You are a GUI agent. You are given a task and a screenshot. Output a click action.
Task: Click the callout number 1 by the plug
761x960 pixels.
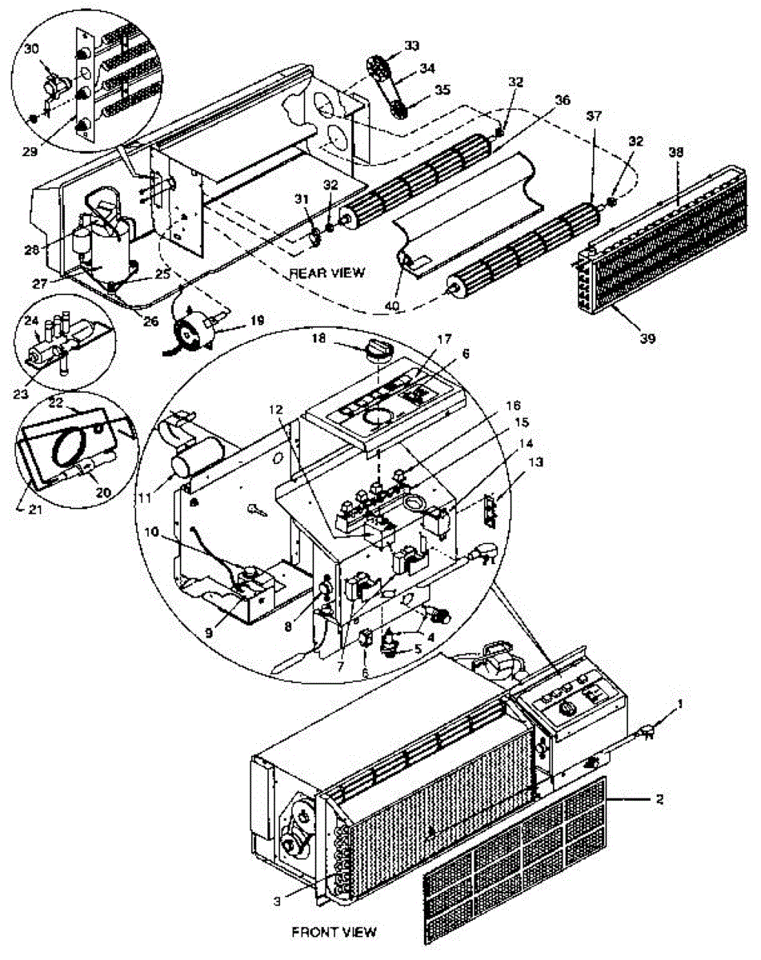tap(680, 704)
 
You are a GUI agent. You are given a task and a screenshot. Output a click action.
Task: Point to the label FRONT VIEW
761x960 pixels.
tap(334, 931)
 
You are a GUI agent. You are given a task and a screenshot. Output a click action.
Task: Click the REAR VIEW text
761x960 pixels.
tap(326, 273)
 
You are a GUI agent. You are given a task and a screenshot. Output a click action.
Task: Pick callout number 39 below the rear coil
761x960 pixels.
tap(647, 338)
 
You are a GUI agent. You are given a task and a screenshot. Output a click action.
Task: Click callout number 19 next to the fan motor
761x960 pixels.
tap(255, 319)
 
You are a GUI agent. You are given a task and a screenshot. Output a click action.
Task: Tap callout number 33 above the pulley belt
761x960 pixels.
tap(411, 45)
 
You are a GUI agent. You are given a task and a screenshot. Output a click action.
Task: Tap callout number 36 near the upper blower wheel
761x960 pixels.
tap(563, 101)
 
